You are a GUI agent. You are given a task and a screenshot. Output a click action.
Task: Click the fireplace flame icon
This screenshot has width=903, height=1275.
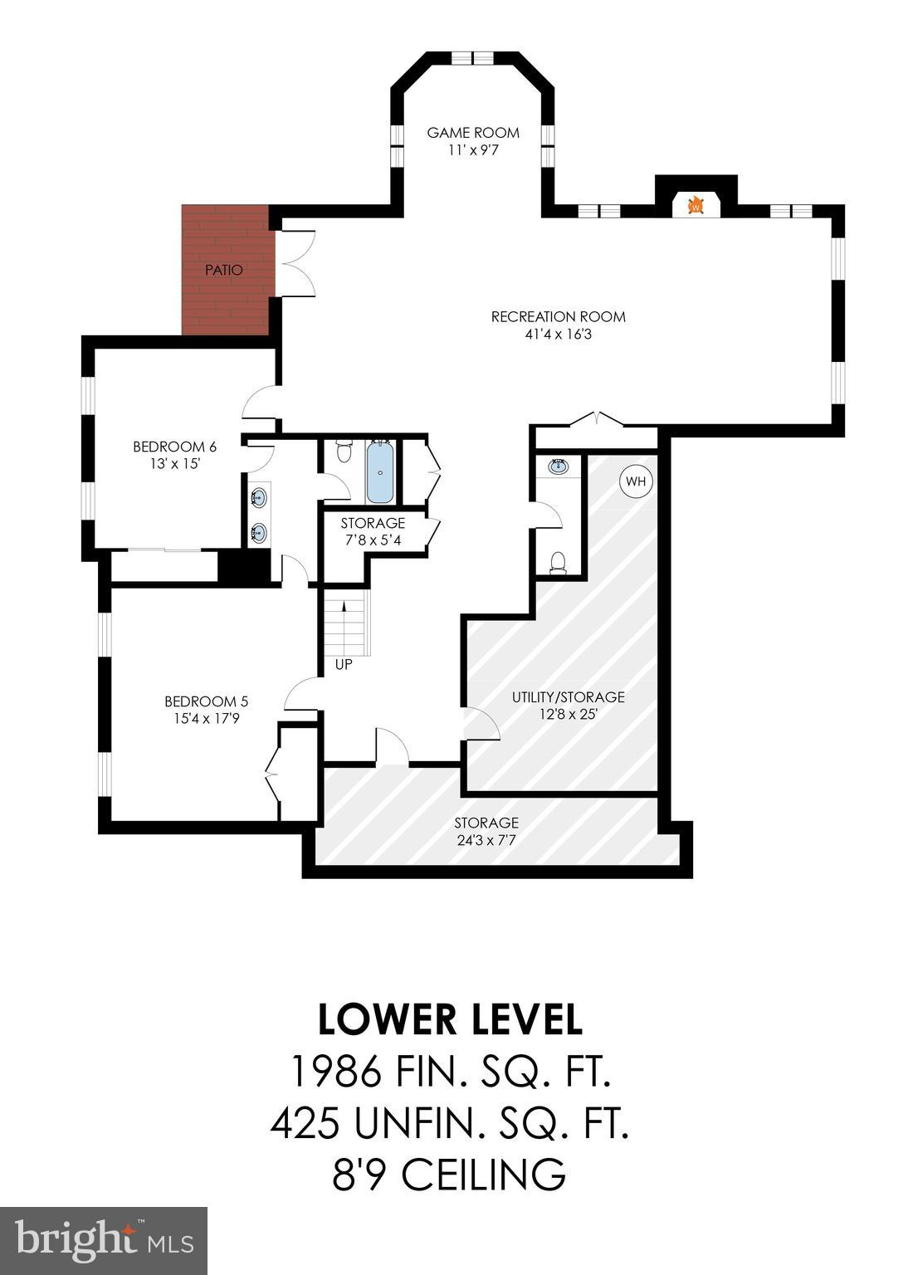click(x=696, y=205)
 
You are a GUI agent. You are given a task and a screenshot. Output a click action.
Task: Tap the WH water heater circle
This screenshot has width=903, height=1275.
click(x=635, y=481)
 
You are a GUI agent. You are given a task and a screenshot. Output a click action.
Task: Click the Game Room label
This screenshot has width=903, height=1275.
click(x=473, y=132)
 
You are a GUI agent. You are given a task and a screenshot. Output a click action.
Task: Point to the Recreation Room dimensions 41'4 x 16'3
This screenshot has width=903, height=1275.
click(x=558, y=335)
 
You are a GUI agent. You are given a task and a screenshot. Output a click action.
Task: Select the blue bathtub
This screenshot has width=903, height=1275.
click(x=380, y=472)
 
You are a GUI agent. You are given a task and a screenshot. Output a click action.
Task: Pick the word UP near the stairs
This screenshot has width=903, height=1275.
click(x=344, y=665)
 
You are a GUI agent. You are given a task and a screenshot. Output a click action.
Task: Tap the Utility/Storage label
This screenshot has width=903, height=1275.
click(x=568, y=697)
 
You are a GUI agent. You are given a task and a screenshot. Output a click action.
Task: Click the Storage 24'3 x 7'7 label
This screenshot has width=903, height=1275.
click(x=486, y=823)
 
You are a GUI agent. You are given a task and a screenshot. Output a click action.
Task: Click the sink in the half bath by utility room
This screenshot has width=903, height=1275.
click(x=559, y=467)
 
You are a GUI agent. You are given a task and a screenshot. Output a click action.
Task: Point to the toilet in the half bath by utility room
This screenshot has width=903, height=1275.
click(x=558, y=563)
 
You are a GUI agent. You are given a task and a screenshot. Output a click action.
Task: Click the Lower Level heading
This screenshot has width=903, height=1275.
click(x=450, y=1019)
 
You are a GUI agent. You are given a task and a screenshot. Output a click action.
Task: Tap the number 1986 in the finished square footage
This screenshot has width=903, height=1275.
click(x=334, y=1072)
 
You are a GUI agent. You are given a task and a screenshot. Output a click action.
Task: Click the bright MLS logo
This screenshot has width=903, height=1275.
click(x=104, y=1240)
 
